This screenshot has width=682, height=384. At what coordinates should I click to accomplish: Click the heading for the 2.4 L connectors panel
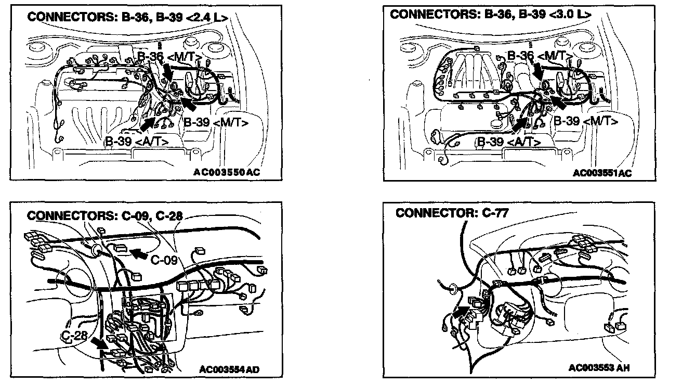[x=127, y=17]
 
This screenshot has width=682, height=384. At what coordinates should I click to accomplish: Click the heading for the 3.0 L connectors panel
[x=490, y=14]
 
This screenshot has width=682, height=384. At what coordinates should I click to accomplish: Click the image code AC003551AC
[x=602, y=173]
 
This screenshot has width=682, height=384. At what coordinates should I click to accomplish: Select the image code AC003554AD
[x=229, y=369]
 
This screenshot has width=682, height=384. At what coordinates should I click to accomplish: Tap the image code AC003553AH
[x=599, y=368]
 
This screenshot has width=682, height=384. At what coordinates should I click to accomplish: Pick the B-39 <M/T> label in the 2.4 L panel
[x=215, y=123]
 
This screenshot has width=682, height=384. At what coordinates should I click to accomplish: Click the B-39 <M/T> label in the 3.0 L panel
[x=585, y=122]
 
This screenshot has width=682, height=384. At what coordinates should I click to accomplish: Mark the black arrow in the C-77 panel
[x=460, y=312]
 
